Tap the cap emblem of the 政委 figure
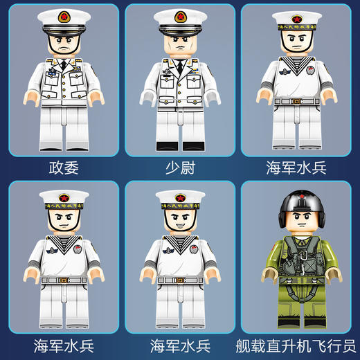click(64, 16)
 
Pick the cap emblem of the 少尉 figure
click(180, 16)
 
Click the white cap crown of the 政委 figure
click(64, 20)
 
